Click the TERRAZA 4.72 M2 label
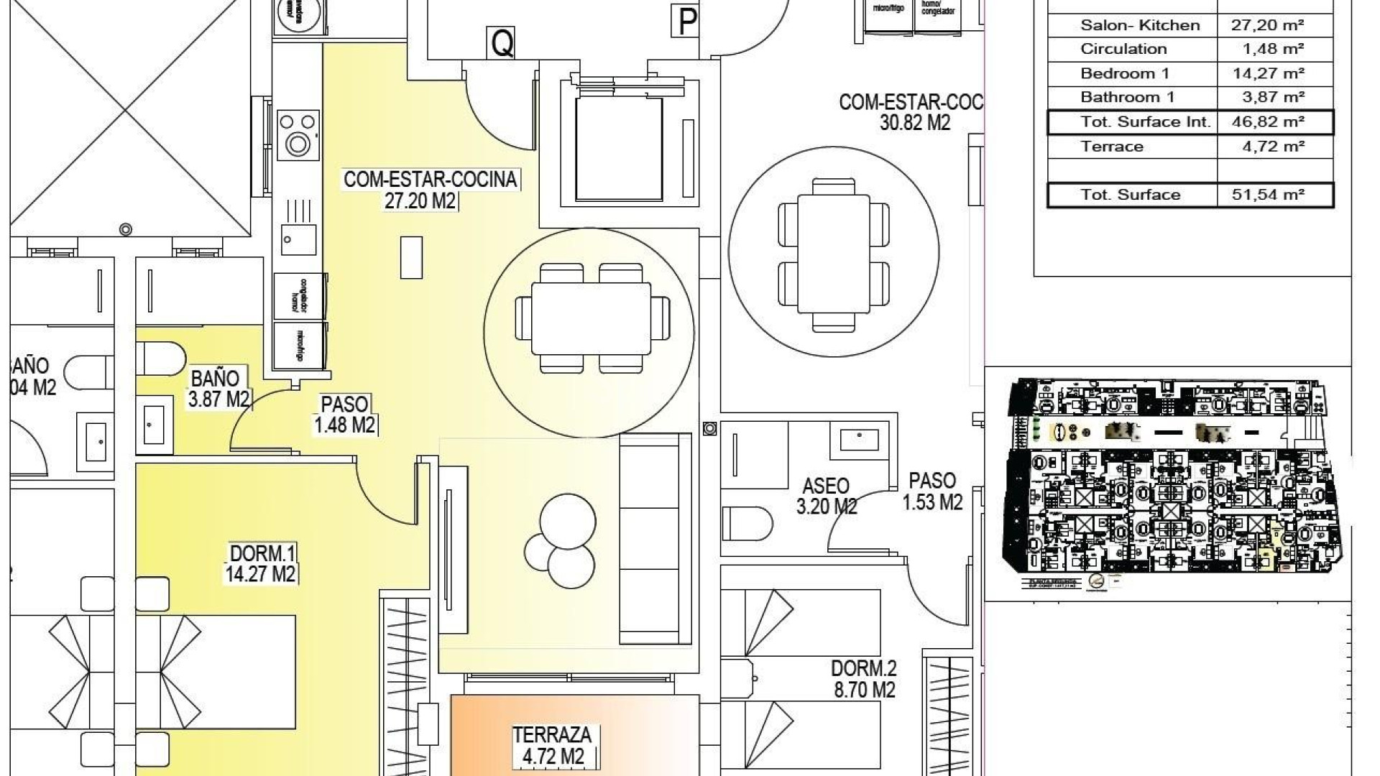click(552, 745)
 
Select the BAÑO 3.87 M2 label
click(217, 389)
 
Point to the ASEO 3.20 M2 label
click(826, 496)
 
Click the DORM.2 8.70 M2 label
click(863, 679)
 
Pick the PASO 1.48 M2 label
click(345, 415)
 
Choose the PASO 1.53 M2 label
click(932, 491)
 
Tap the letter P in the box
click(687, 22)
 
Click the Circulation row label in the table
click(1123, 49)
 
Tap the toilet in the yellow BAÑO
click(160, 359)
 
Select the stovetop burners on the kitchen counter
click(298, 134)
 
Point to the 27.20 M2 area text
click(420, 200)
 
